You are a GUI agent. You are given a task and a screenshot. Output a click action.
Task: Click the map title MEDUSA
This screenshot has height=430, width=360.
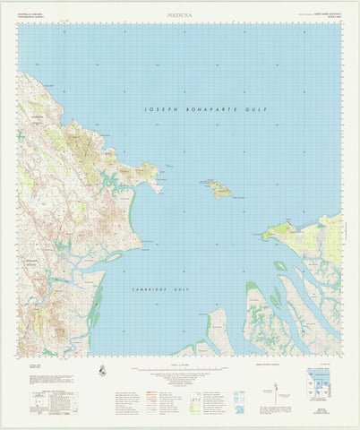[179, 14]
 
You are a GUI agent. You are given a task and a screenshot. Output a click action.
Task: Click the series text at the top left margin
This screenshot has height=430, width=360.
[32, 14]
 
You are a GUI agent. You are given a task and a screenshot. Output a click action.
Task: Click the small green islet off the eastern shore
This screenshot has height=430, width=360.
[280, 265]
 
